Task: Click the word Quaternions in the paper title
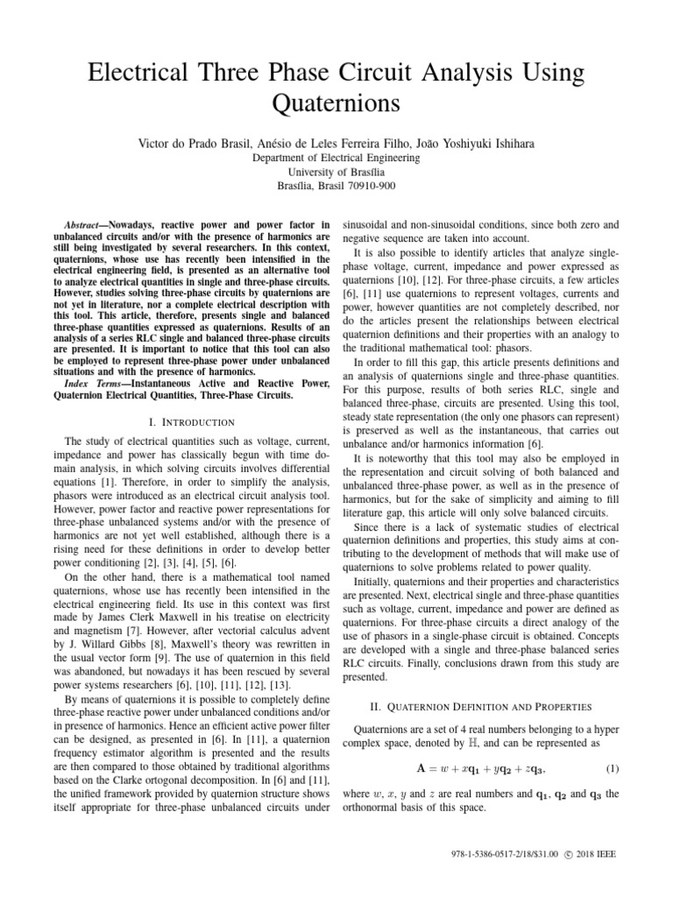click(x=336, y=103)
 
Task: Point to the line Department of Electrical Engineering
click(x=336, y=158)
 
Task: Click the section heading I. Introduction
click(x=197, y=422)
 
